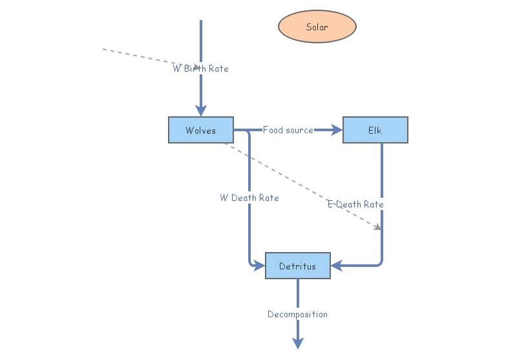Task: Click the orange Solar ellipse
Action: [x=317, y=27]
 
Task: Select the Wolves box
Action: [x=200, y=130]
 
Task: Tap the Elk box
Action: [x=375, y=130]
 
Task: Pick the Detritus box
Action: [x=297, y=266]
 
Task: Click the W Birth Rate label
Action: [x=200, y=69]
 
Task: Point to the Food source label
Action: [x=288, y=130]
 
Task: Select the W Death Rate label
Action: [x=249, y=198]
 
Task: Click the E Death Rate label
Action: [x=355, y=204]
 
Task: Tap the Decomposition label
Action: [x=297, y=314]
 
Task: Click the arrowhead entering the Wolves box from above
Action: [x=201, y=110]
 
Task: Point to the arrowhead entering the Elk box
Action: [x=336, y=130]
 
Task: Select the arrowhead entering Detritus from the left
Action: [x=259, y=265]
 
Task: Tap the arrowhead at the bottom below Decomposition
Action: [x=298, y=343]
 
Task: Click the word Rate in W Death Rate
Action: [x=268, y=198]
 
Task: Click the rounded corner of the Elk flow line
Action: [x=380, y=263]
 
